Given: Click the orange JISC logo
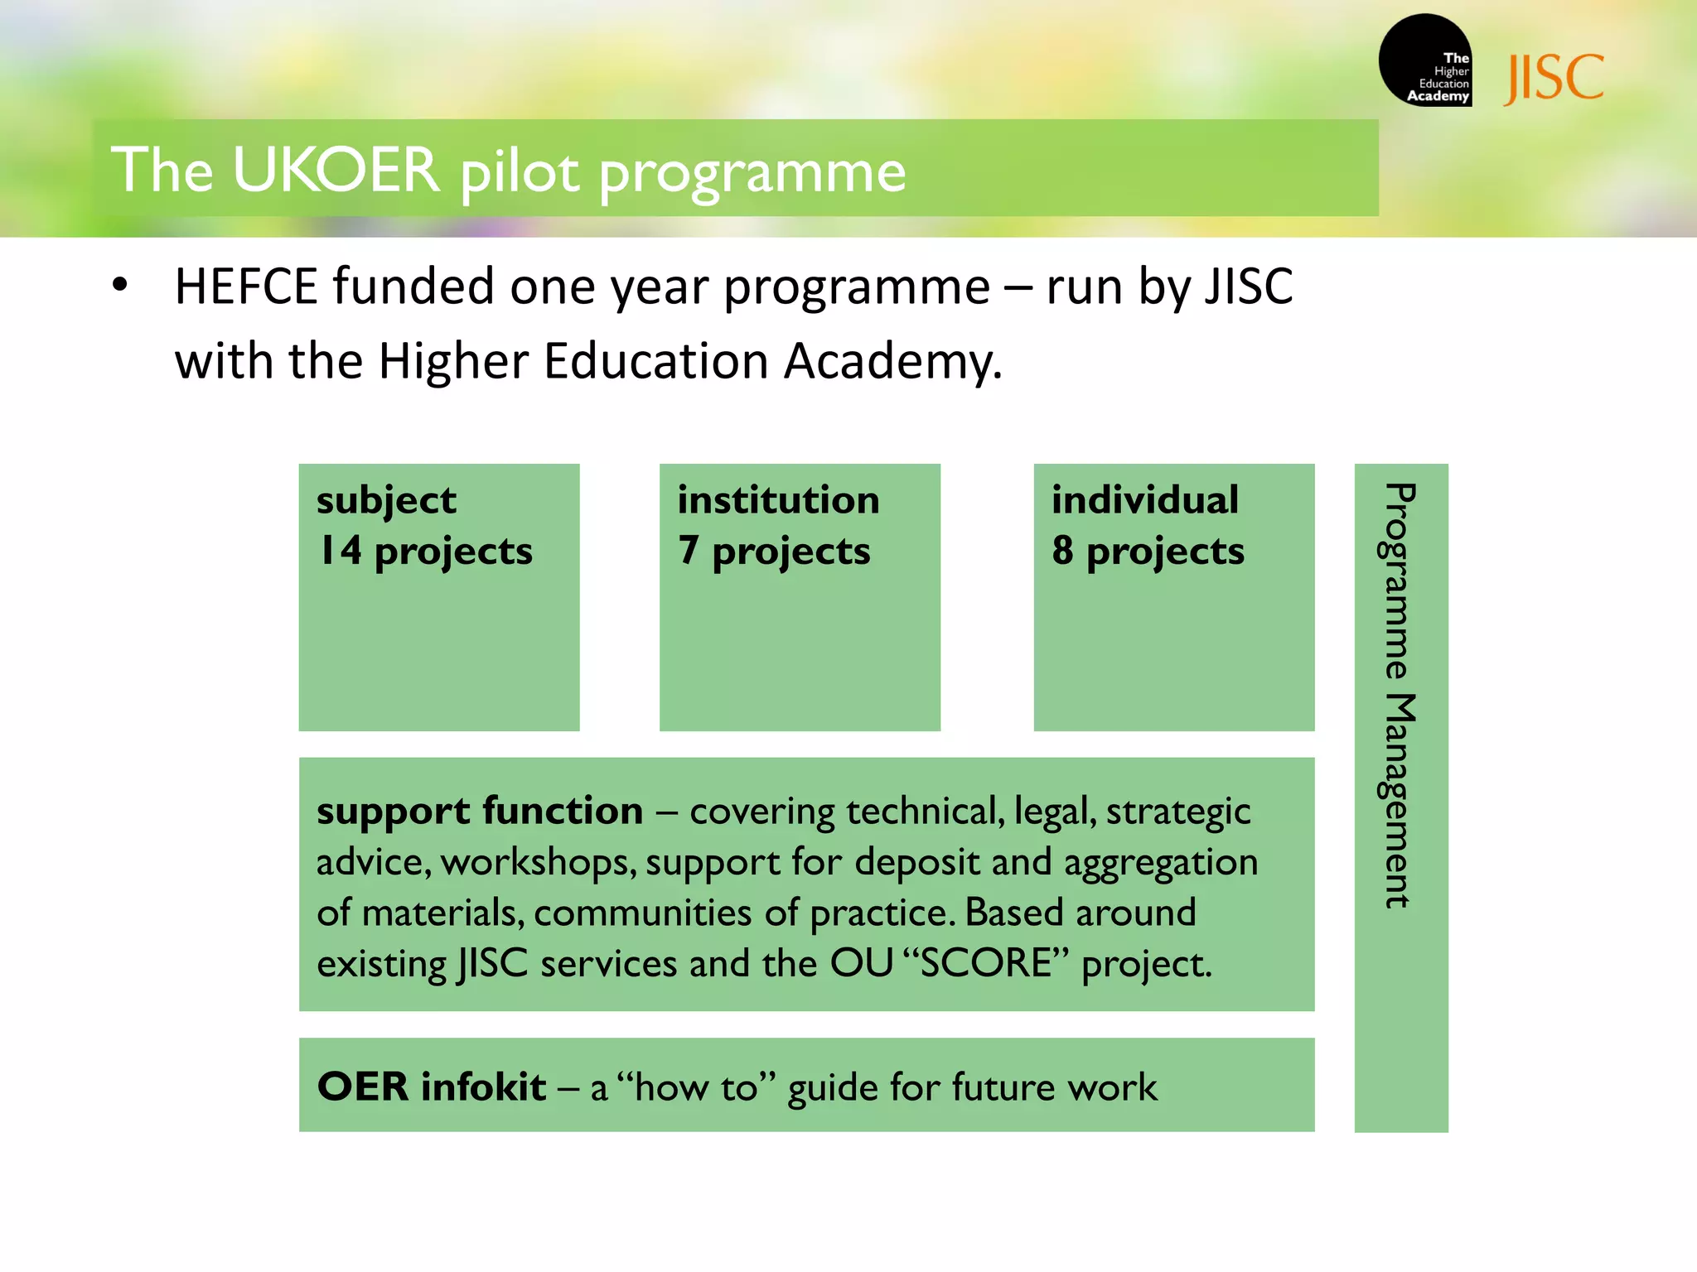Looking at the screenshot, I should click(x=1554, y=78).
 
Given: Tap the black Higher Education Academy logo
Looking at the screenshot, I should click(x=1425, y=60).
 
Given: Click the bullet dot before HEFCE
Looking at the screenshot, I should click(x=120, y=285).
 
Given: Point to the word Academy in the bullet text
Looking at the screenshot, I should click(x=892, y=362).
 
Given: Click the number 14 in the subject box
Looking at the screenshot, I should click(x=341, y=550).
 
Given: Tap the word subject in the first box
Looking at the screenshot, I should click(x=386, y=501).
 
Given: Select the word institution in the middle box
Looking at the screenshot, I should click(x=778, y=500).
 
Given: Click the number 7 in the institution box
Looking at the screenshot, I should click(x=688, y=550).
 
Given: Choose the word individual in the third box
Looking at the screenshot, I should click(x=1145, y=500).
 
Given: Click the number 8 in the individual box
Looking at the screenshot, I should click(x=1062, y=550).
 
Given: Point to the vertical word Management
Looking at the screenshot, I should click(x=1400, y=800).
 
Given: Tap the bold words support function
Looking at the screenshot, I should click(x=480, y=811).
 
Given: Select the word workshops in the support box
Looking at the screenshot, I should click(x=539, y=863).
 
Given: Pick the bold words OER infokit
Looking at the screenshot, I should click(x=432, y=1086).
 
